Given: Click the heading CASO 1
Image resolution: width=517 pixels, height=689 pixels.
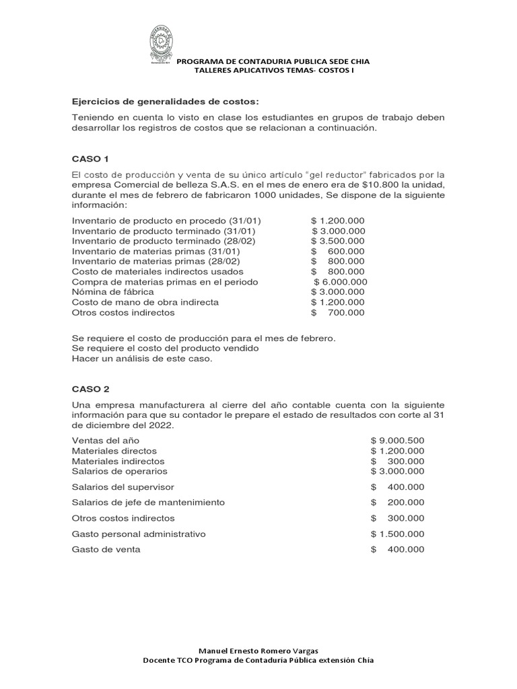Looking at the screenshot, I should tap(90, 159).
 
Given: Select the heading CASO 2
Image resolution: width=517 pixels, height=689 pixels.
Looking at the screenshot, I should tap(90, 389).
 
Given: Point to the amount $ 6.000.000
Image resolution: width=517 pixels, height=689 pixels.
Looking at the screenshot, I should tap(341, 281).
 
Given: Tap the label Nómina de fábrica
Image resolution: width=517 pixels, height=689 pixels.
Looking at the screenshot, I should tap(112, 292).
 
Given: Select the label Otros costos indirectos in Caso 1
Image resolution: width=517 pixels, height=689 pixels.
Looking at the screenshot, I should tap(123, 312).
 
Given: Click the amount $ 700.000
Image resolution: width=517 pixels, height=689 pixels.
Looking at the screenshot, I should tap(338, 312).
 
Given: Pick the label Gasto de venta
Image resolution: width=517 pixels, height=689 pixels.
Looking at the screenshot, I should tap(106, 549).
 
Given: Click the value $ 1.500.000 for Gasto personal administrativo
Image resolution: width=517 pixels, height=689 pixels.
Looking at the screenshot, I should tap(397, 534).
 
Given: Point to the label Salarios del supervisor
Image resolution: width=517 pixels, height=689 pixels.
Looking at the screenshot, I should tap(123, 486).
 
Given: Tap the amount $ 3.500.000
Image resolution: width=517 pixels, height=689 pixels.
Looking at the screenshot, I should tap(338, 240).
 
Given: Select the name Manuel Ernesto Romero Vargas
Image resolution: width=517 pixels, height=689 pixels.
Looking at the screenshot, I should tap(258, 651).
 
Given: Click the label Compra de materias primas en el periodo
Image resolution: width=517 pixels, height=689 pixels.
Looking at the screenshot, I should tap(165, 281).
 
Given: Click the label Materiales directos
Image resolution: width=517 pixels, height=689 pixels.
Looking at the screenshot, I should tap(114, 450).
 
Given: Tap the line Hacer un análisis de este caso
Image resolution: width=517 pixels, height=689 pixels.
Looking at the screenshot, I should tap(141, 359).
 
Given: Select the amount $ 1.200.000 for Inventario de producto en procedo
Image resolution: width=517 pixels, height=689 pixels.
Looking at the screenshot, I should tap(338, 220).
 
